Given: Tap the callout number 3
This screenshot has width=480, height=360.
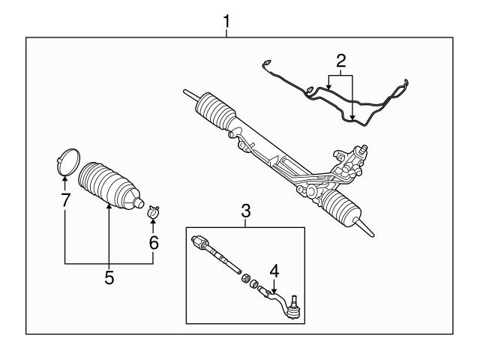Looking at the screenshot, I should tap(245, 212).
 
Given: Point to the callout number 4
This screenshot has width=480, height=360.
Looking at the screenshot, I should tap(274, 269).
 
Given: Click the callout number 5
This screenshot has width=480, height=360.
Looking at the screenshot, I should tap(109, 278).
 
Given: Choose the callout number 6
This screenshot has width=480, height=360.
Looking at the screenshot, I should tap(154, 243).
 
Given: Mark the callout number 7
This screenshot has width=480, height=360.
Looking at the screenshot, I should tap(64, 202).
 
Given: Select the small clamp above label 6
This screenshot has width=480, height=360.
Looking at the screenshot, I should tap(154, 212).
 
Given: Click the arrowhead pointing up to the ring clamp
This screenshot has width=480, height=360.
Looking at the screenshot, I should tap(64, 178).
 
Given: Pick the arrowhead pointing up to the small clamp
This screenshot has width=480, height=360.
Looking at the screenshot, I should tap(154, 223).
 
